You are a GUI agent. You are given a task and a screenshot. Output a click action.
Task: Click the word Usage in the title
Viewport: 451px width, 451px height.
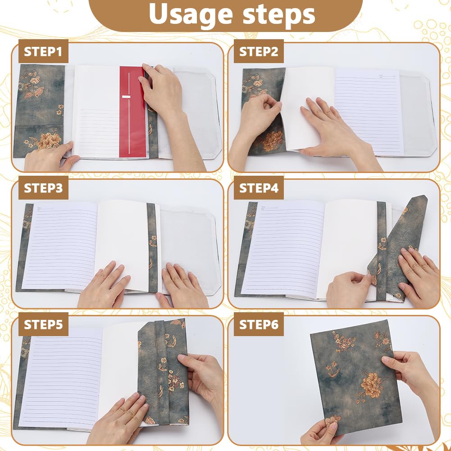coord(191,15)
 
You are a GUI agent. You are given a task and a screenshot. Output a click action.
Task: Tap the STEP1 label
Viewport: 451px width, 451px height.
coord(43,51)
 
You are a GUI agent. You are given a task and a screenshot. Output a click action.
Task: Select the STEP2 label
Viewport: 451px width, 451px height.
coord(259,51)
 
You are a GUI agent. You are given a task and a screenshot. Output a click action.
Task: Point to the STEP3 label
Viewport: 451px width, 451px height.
coord(43,188)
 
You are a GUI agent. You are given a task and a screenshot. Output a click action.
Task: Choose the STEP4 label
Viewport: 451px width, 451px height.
coord(259,188)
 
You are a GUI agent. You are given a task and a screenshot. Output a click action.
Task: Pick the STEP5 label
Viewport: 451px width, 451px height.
coord(43,324)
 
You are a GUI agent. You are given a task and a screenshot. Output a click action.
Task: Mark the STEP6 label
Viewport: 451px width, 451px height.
coord(259,324)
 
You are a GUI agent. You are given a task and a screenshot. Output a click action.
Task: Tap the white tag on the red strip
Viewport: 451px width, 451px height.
coord(127,96)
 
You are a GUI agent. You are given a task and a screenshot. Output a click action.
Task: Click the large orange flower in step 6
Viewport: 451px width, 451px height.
coord(371,385)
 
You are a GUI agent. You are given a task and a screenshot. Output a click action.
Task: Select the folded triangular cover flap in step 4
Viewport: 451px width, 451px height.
coord(400,245)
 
